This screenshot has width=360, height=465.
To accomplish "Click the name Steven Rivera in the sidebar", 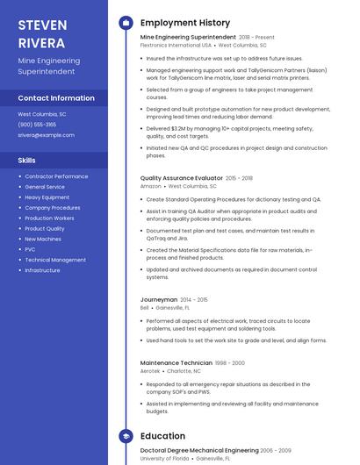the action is [42, 32].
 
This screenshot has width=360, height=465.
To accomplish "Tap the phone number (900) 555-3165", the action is [37, 125].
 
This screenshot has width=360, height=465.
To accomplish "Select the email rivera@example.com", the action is [40, 135].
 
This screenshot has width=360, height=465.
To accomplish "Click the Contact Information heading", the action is [56, 98].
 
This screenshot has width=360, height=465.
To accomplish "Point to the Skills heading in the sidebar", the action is [27, 161].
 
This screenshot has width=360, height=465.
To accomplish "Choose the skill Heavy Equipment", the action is [47, 197].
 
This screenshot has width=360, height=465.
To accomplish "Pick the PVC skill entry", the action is [30, 249].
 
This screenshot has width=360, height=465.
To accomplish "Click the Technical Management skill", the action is [55, 260].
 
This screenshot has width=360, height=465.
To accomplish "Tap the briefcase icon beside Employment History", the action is [126, 22].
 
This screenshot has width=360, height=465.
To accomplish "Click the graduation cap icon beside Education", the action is [126, 435].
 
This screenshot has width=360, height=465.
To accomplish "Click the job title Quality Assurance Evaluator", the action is [181, 178].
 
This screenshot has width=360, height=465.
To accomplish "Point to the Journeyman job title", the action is [159, 299].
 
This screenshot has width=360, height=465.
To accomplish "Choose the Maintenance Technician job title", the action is [176, 362].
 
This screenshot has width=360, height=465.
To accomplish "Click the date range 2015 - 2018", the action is [239, 178].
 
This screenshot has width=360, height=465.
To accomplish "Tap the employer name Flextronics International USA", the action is [176, 45].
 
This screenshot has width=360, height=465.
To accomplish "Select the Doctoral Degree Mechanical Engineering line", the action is [199, 450].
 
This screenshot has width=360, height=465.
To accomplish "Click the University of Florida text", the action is [164, 458].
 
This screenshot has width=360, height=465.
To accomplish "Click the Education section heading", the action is [162, 435].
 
